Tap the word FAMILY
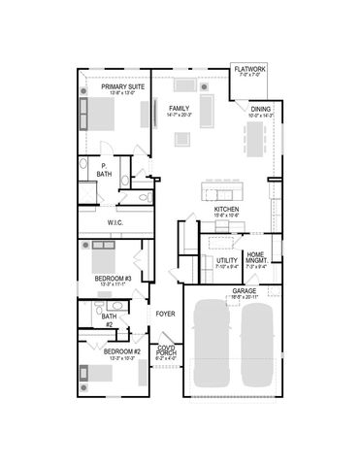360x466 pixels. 180,108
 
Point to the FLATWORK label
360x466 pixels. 248,70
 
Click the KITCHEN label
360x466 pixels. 227,208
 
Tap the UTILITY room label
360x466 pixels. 227,260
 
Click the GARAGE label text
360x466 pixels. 244,290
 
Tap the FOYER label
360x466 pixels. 165,315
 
